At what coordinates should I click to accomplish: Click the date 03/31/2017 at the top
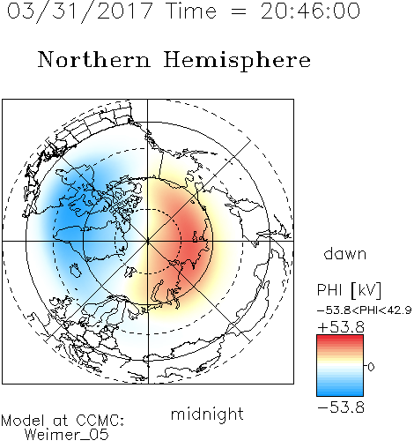pyautogui.click(x=80, y=11)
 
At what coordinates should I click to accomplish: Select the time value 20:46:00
pyautogui.click(x=310, y=11)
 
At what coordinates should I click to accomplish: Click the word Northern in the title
pyautogui.click(x=94, y=60)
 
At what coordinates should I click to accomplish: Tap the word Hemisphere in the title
pyautogui.click(x=237, y=61)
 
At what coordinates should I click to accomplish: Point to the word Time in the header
pyautogui.click(x=192, y=11)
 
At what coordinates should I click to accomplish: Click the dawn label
pyautogui.click(x=345, y=254)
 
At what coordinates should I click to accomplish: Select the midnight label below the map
pyautogui.click(x=207, y=414)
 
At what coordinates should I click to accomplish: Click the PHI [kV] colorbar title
pyautogui.click(x=349, y=290)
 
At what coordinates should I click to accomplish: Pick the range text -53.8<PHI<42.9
pyautogui.click(x=365, y=310)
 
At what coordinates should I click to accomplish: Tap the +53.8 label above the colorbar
pyautogui.click(x=341, y=327)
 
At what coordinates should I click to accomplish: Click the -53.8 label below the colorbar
pyautogui.click(x=341, y=407)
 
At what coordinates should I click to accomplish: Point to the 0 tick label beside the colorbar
pyautogui.click(x=371, y=367)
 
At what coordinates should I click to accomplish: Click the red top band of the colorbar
pyautogui.click(x=340, y=339)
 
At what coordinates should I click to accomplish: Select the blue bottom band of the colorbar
pyautogui.click(x=340, y=392)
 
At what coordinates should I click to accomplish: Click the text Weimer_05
pyautogui.click(x=67, y=435)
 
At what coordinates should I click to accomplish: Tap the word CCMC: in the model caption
pyautogui.click(x=100, y=421)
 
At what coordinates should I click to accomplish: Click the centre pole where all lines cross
pyautogui.click(x=148, y=241)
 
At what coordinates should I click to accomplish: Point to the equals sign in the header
pyautogui.click(x=239, y=11)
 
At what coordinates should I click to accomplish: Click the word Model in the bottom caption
pyautogui.click(x=23, y=421)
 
